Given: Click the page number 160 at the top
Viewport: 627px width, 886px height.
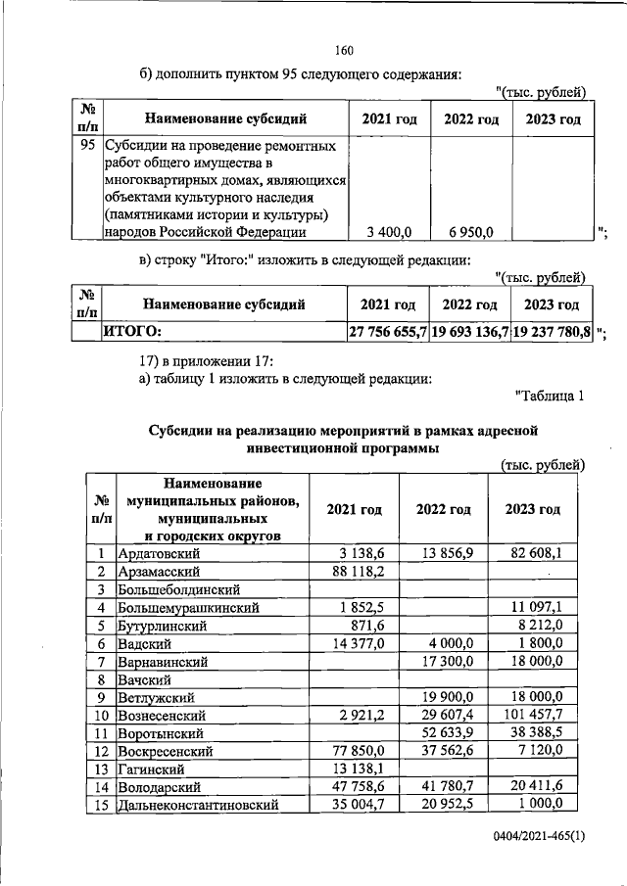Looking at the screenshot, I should (343, 51).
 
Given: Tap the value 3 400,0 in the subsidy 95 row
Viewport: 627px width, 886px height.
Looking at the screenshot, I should (389, 231).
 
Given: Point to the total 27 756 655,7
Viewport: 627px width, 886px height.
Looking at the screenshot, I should (388, 332).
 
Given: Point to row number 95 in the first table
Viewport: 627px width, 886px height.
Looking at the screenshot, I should (86, 145).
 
